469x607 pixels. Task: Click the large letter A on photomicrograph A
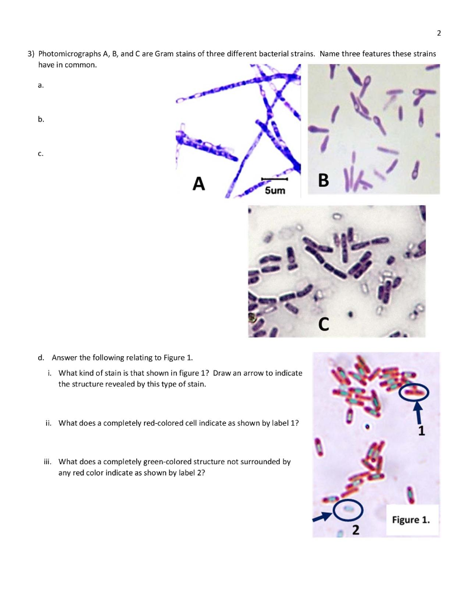[199, 184]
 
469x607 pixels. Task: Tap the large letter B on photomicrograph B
[323, 180]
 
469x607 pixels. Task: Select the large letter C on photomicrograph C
[323, 324]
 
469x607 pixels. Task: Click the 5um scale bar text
[275, 191]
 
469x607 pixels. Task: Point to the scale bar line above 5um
[275, 178]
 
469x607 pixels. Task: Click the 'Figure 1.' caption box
[411, 520]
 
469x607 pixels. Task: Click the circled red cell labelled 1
[413, 391]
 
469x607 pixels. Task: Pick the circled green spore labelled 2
[347, 509]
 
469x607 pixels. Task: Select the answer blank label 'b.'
[40, 119]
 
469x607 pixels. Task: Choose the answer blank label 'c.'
[40, 154]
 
